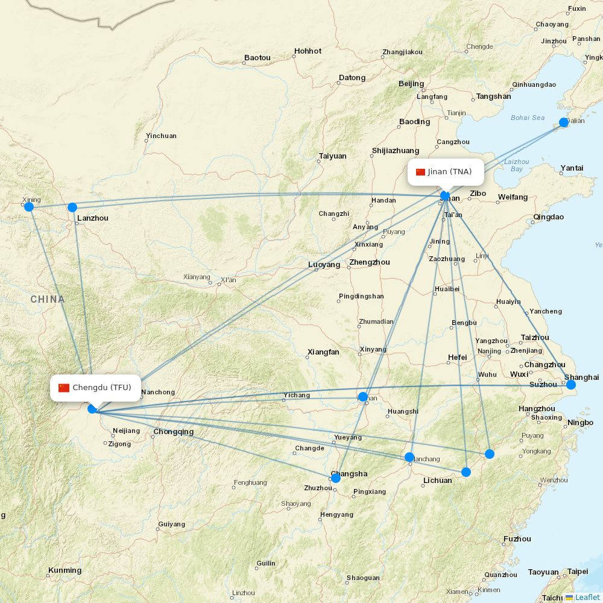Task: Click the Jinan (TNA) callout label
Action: tap(446, 172)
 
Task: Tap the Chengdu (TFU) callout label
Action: tap(95, 388)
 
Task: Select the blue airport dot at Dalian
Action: tap(564, 122)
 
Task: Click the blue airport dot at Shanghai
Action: tap(571, 385)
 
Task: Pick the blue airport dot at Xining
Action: tap(28, 207)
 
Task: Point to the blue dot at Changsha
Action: tap(336, 478)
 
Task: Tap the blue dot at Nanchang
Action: tap(409, 457)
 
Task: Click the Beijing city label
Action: tap(411, 84)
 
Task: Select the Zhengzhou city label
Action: tap(369, 262)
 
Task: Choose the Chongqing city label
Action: tap(174, 432)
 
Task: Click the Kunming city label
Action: tap(65, 570)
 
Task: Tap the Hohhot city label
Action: tap(308, 51)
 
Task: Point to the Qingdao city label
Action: tap(548, 217)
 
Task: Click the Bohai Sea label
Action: tap(527, 118)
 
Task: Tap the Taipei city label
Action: tap(577, 571)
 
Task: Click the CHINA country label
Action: tap(47, 299)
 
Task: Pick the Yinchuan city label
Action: tap(161, 136)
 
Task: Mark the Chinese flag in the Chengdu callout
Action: tap(64, 388)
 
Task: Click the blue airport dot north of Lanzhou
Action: tap(72, 207)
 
